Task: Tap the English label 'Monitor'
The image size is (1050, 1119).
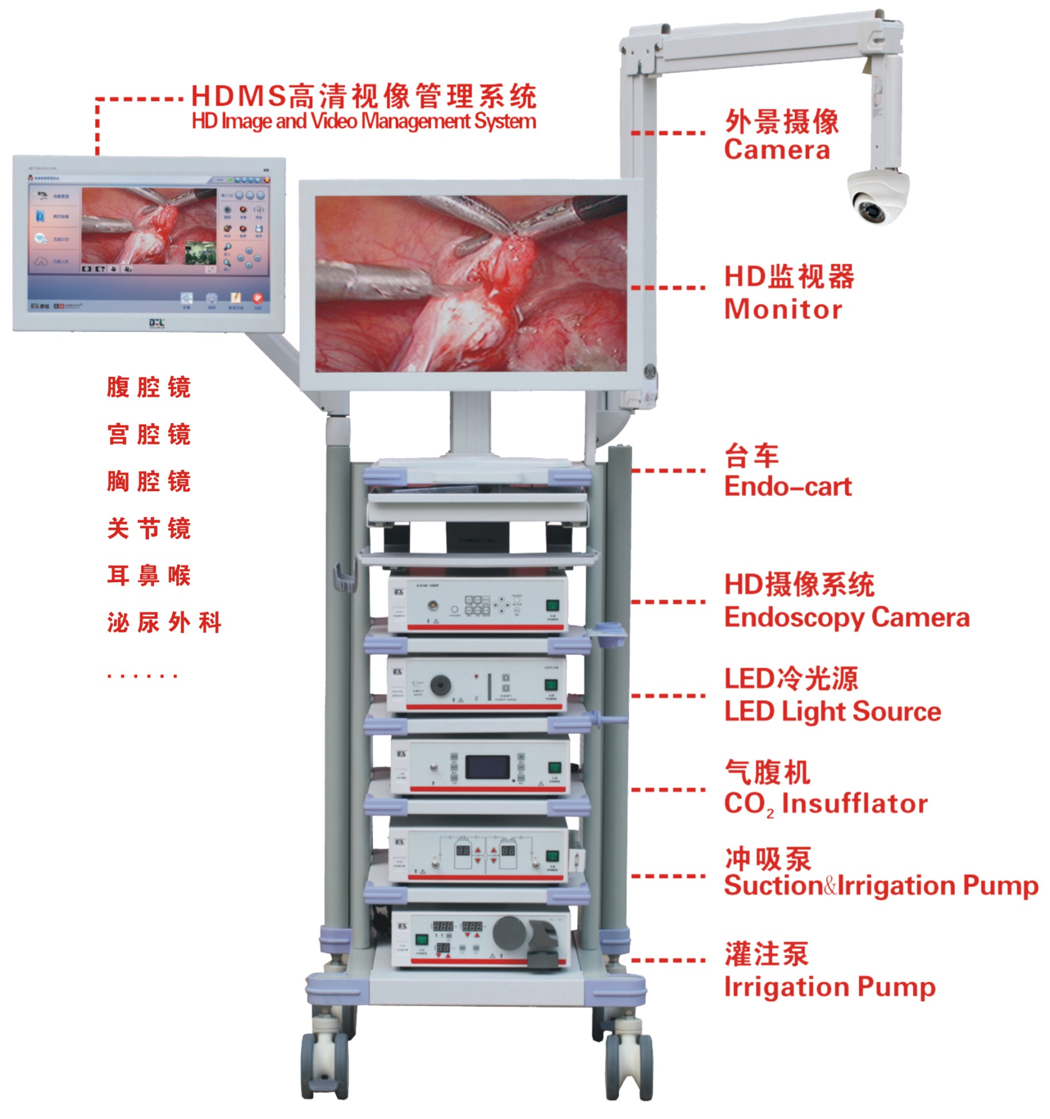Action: tap(782, 309)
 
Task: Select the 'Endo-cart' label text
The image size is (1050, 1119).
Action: tap(787, 487)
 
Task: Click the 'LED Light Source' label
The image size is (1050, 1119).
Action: tap(832, 711)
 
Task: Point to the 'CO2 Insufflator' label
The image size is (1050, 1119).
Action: tap(825, 803)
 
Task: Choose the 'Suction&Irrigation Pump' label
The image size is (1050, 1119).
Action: tap(881, 886)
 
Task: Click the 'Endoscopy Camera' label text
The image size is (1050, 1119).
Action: tap(846, 618)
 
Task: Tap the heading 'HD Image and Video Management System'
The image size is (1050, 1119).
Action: tap(364, 121)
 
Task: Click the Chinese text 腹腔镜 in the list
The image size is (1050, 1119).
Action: tap(149, 387)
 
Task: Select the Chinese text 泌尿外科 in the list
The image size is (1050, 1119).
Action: tap(164, 622)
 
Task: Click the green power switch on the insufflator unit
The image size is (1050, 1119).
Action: tap(554, 767)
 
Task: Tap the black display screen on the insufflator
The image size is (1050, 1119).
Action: tap(487, 767)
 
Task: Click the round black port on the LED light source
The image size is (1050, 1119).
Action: tap(440, 685)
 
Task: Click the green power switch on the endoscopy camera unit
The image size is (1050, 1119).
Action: tap(552, 606)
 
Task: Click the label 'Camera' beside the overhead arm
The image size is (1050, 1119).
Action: tap(776, 150)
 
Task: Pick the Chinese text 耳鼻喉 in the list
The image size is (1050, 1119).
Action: tap(149, 575)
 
